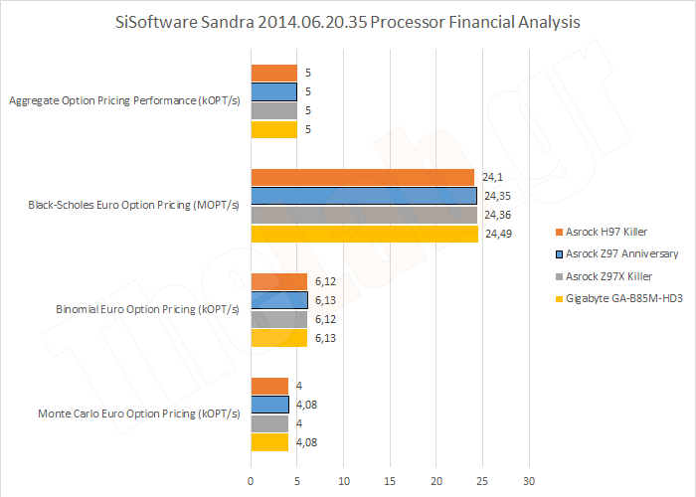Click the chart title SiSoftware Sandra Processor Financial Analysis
pyautogui.click(x=348, y=21)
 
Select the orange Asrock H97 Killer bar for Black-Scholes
pyautogui.click(x=362, y=177)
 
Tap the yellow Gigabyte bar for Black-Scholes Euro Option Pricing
pyautogui.click(x=364, y=234)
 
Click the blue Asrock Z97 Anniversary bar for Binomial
pyautogui.click(x=279, y=300)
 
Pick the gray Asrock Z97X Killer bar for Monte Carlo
pyautogui.click(x=269, y=423)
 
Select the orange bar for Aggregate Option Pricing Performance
pyautogui.click(x=273, y=73)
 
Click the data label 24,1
pyautogui.click(x=492, y=177)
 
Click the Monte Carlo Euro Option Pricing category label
pyautogui.click(x=138, y=414)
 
